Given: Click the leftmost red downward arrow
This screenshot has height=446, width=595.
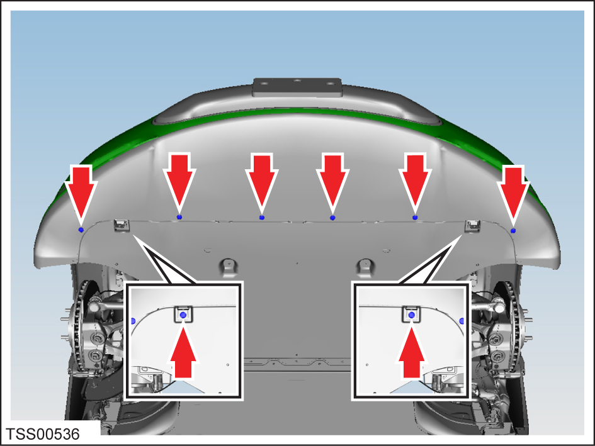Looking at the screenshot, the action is point(81,193).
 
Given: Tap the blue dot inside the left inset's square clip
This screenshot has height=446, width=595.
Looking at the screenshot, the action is point(183,315).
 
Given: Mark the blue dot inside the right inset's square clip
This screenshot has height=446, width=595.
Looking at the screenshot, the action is point(412,315).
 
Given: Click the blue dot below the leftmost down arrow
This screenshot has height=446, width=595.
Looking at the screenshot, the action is point(81,230).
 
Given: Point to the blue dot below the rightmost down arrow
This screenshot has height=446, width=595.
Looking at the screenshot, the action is point(513,231).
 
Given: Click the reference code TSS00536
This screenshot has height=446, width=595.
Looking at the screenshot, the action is point(43,434).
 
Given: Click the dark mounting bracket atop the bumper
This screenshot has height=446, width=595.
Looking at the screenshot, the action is point(297,87).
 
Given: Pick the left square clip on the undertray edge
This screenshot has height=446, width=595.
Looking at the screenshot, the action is point(122,225).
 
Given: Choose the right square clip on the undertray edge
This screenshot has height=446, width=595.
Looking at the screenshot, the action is point(473,225).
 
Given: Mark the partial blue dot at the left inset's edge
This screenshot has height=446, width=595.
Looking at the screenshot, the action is point(132,321).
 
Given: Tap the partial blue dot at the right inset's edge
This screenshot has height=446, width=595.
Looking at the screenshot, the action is point(462,321).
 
